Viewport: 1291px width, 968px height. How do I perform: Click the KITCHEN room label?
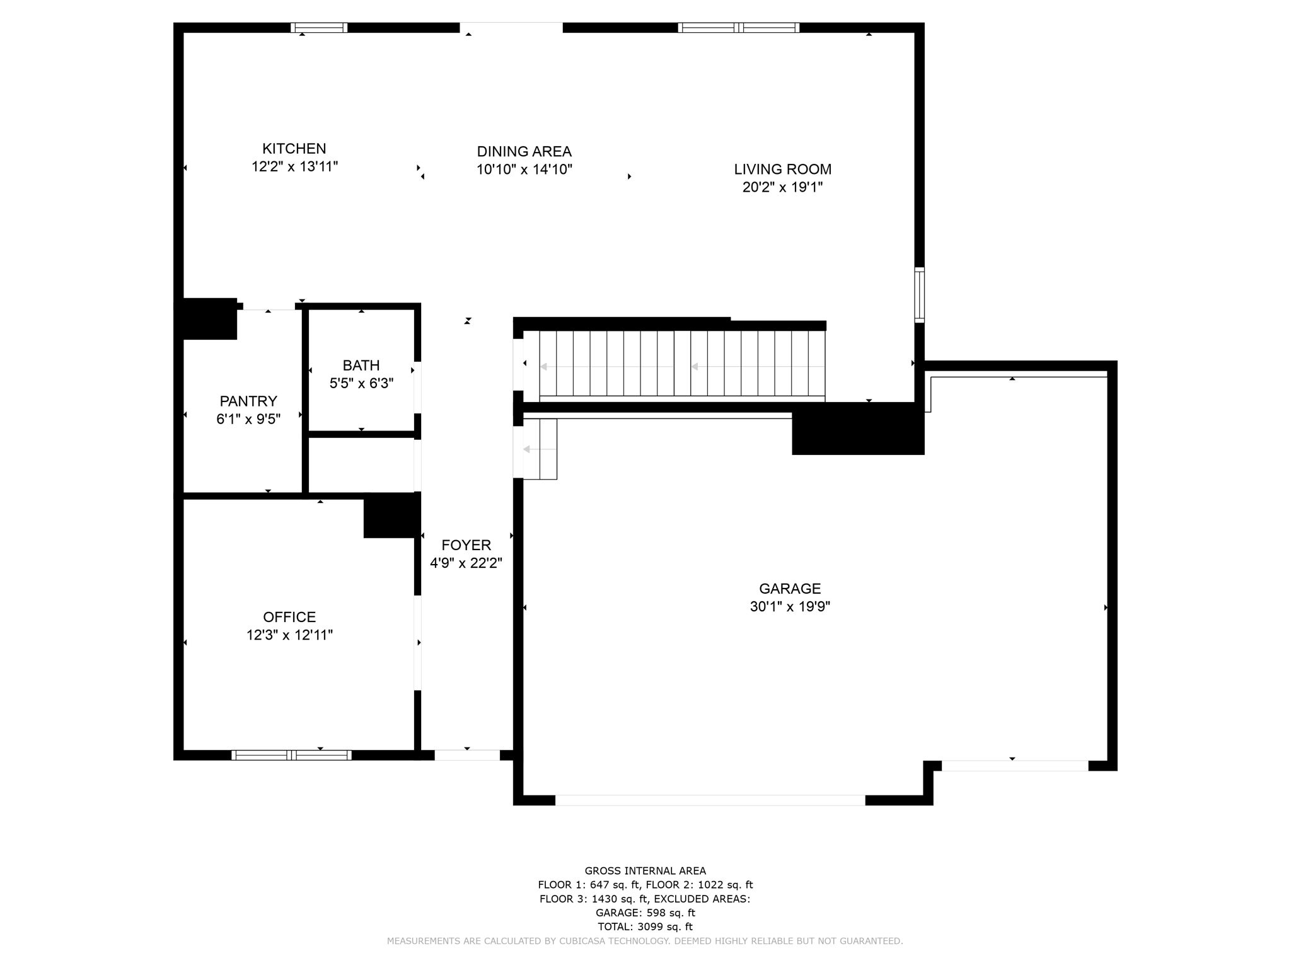point(294,149)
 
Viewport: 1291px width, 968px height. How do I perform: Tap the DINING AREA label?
point(524,151)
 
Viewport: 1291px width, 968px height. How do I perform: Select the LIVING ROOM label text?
point(782,169)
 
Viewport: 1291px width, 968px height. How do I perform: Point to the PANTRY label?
point(248,401)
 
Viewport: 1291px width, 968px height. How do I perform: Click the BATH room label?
point(361,365)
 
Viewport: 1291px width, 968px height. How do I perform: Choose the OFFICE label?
point(289,617)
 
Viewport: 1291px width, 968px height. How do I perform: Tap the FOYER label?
point(466,545)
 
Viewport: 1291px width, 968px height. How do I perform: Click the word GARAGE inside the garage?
point(790,589)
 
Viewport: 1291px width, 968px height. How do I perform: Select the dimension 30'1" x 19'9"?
point(790,606)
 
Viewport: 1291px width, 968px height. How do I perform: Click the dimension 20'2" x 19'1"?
point(782,187)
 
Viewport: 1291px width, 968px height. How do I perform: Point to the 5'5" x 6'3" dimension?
point(361,383)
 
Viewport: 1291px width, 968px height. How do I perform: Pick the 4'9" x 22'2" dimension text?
point(466,563)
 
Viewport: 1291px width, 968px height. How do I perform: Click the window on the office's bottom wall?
point(291,755)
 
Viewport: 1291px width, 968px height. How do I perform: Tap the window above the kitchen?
point(319,28)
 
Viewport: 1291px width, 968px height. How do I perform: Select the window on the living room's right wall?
point(920,295)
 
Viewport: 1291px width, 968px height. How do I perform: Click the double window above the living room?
point(739,28)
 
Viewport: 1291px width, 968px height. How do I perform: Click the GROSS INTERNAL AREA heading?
point(645,871)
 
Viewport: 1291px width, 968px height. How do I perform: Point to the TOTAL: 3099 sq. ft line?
point(645,926)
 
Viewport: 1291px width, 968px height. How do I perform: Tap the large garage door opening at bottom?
point(710,800)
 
